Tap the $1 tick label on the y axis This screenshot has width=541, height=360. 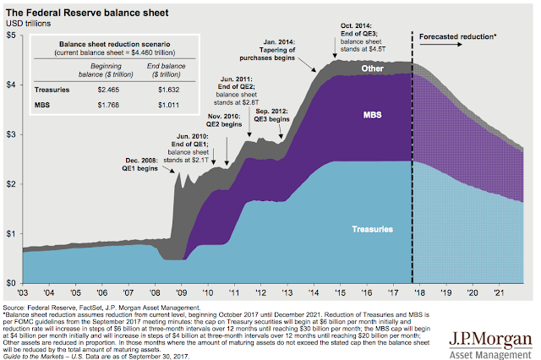tap(11, 232)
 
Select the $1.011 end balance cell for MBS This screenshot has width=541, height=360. tap(166, 104)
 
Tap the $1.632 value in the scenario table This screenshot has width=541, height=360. tap(166, 87)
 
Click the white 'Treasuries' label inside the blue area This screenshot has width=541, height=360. tap(373, 228)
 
